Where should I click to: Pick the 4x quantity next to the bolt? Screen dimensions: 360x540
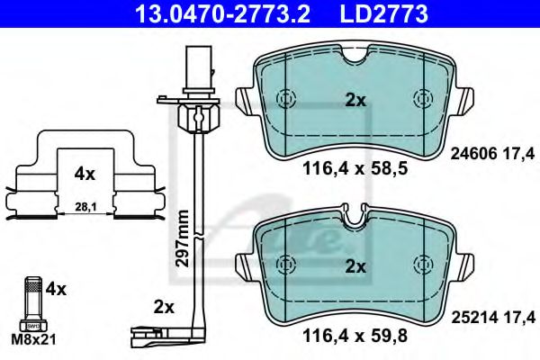pyautogui.click(x=57, y=290)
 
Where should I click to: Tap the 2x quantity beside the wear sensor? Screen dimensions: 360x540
pyautogui.click(x=163, y=307)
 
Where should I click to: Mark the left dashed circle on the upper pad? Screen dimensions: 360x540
pyautogui.click(x=287, y=99)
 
